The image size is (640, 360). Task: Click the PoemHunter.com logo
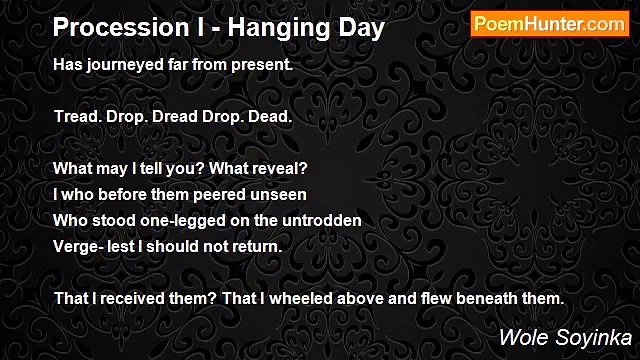point(550,25)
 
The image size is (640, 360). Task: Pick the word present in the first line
point(260,64)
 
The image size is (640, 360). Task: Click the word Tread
point(79,116)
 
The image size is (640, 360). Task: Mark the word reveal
point(285,168)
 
